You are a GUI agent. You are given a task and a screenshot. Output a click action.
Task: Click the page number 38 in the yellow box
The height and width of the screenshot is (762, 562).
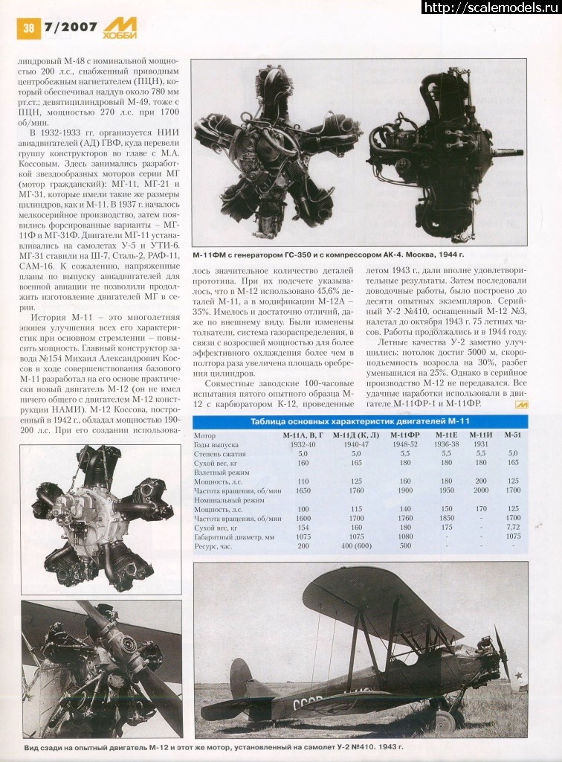point(28,28)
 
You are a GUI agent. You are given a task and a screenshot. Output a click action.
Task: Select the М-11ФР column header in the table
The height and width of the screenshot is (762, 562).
point(404,435)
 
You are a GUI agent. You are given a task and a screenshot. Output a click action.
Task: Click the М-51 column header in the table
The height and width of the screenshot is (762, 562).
point(513,435)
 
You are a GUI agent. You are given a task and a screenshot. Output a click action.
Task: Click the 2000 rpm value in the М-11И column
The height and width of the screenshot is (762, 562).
point(481,490)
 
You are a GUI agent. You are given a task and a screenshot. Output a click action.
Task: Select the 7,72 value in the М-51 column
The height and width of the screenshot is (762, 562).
point(512,527)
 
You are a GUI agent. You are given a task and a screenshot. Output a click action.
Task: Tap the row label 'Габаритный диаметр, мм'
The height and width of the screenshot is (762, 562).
point(233,536)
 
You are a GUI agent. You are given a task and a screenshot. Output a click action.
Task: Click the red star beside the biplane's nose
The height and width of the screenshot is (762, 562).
point(518,679)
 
